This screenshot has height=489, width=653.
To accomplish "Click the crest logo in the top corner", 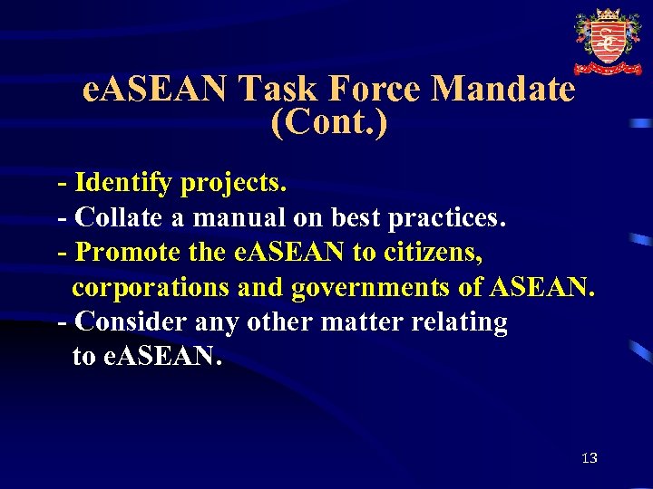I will click(607, 41).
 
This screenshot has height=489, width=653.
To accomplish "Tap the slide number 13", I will click(590, 458).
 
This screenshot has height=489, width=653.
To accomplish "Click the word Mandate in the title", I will click(504, 89).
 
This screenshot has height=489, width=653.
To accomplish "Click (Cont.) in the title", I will click(328, 122).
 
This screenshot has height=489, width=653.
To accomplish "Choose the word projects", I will click(234, 184).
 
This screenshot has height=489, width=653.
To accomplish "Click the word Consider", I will click(132, 321).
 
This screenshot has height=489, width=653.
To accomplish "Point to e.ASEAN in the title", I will click(155, 89).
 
